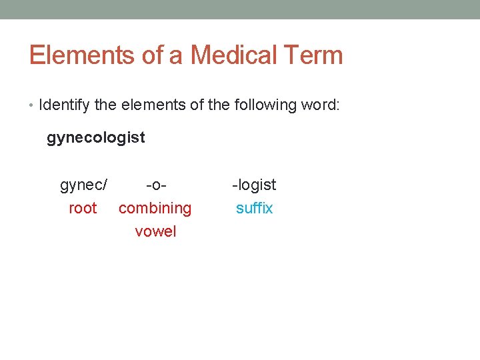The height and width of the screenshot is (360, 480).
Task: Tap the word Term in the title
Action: click(x=315, y=55)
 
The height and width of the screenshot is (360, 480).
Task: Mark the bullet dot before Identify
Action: click(x=32, y=106)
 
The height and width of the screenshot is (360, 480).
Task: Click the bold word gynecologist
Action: click(x=95, y=138)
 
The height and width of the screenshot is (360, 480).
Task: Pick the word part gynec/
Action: click(x=84, y=185)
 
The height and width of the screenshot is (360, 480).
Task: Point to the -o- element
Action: click(x=155, y=185)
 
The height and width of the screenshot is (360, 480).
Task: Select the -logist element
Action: click(x=254, y=185)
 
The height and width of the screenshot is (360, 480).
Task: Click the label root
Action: click(x=83, y=208)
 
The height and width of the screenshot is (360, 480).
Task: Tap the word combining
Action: click(x=155, y=209)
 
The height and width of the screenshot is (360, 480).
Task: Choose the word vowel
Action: click(x=155, y=231)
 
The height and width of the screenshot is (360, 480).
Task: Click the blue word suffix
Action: click(x=254, y=208)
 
